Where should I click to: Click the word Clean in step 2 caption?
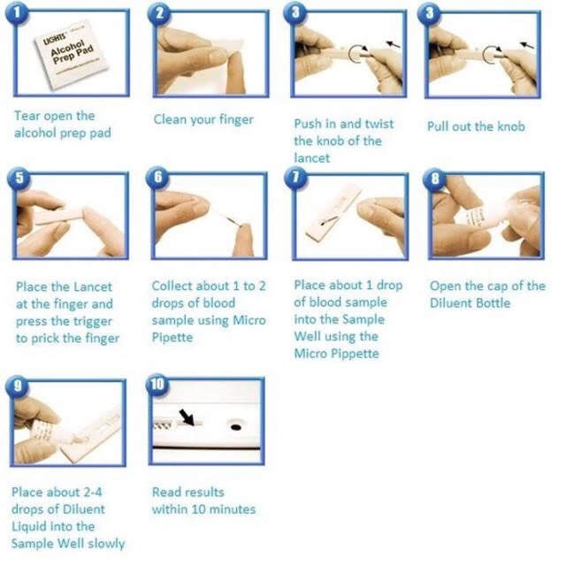tap(172, 119)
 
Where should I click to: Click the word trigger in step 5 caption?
tap(92, 320)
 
